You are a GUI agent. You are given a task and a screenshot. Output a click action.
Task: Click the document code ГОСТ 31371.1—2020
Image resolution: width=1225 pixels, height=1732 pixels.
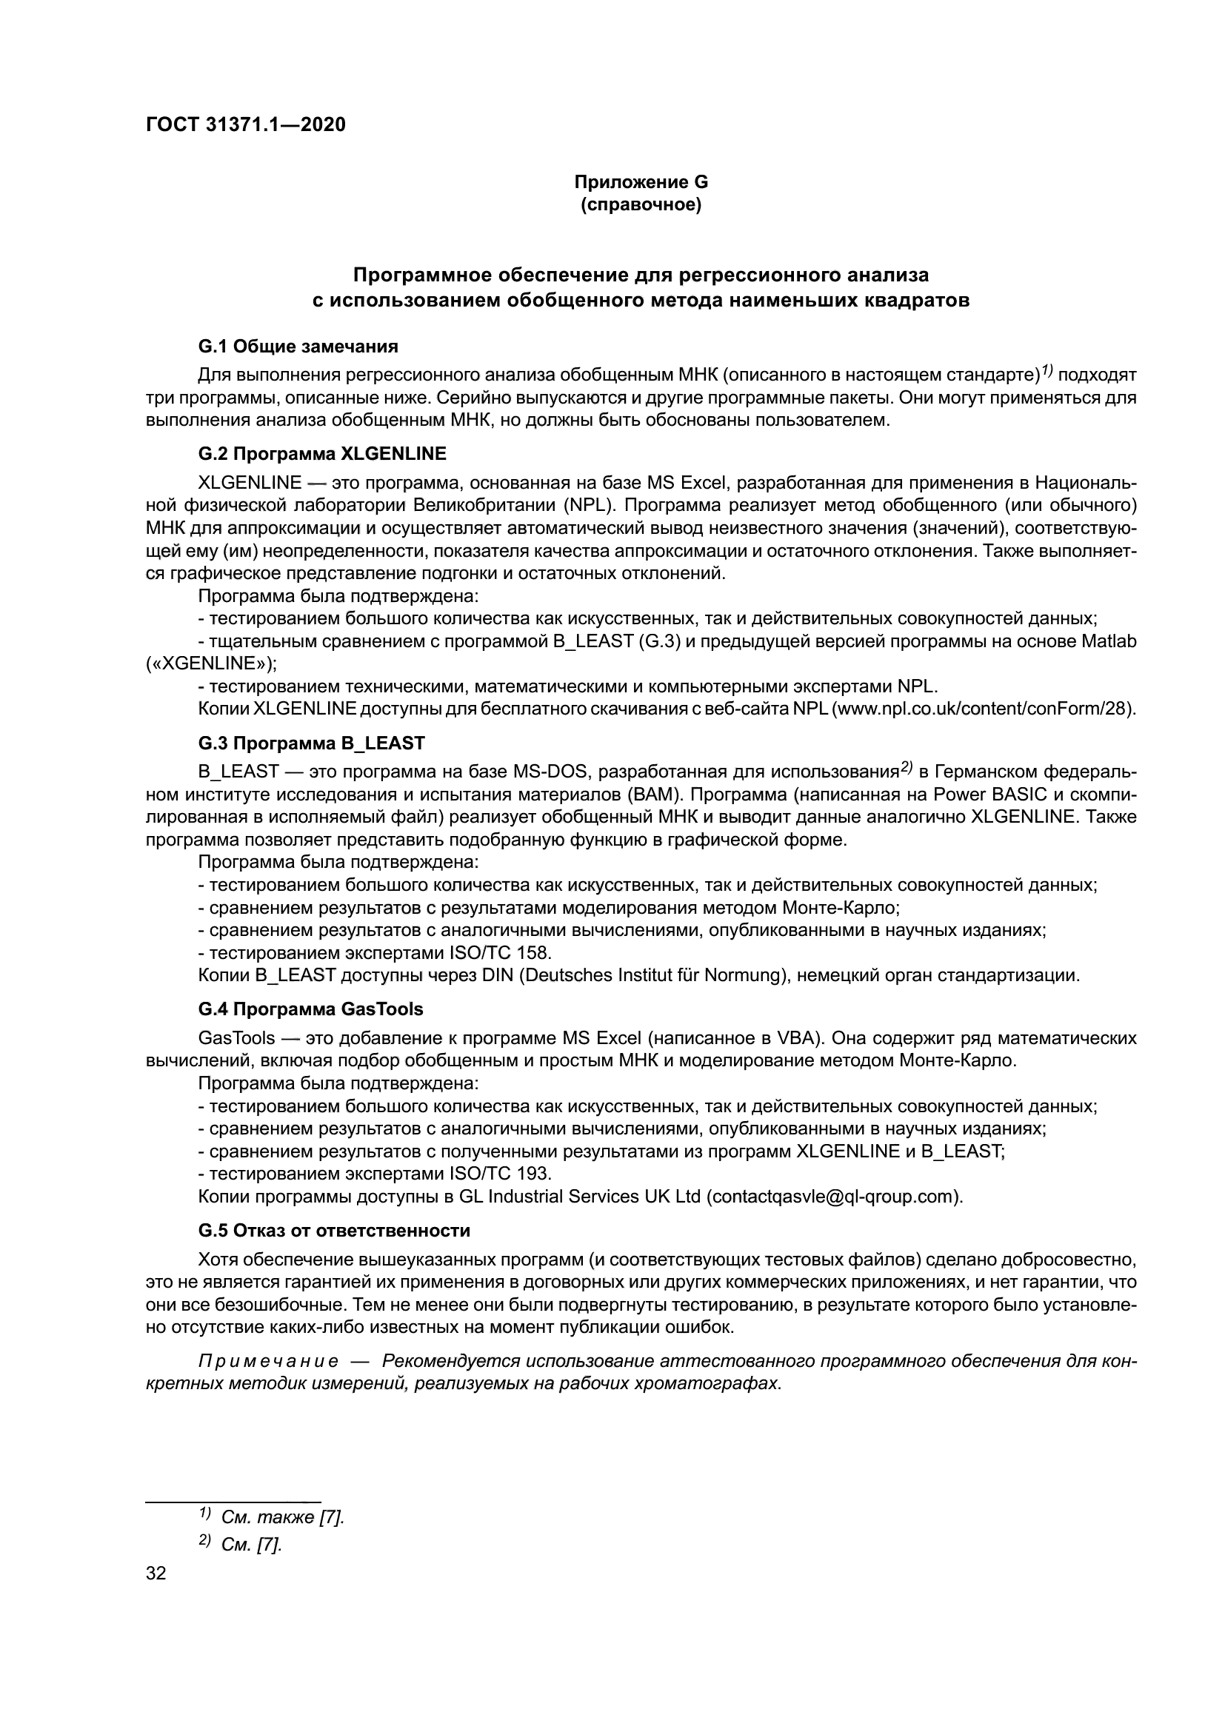245,124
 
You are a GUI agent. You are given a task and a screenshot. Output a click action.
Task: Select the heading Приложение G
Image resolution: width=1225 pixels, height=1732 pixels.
641,182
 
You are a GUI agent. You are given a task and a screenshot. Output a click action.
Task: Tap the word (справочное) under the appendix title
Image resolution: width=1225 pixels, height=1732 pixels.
641,205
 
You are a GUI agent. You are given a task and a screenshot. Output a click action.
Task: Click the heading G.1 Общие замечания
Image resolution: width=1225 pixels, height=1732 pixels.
298,347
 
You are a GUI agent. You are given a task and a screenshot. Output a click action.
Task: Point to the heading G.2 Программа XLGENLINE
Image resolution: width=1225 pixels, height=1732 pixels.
322,453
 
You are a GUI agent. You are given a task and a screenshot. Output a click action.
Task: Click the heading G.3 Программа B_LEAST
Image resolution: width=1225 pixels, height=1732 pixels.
311,743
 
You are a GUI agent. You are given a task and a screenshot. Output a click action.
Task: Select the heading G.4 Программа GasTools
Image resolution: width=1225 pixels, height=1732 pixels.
310,1009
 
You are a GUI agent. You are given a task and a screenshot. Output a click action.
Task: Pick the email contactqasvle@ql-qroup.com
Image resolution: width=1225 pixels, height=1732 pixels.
834,1197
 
